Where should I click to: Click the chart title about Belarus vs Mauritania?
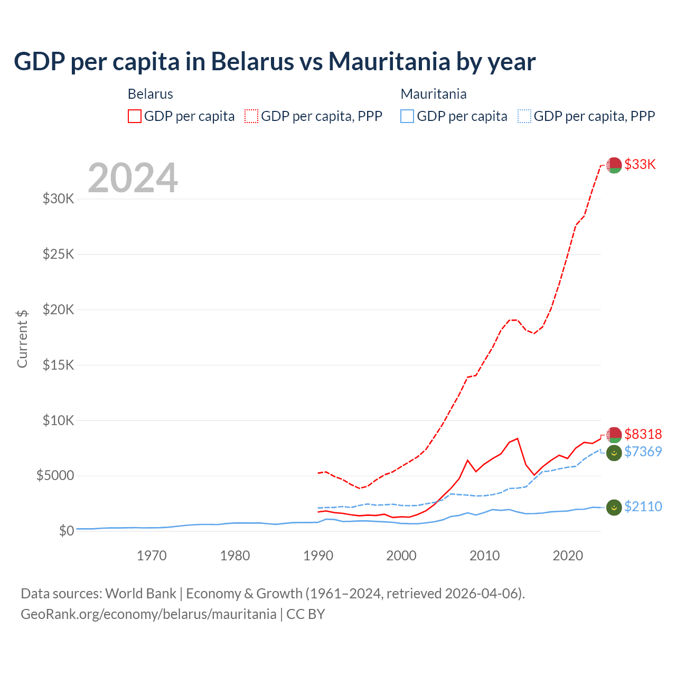tap(275, 62)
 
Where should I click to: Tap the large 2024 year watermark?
tap(133, 178)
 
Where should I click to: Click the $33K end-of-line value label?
tap(640, 164)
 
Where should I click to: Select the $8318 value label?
tap(643, 434)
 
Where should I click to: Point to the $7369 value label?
tap(643, 452)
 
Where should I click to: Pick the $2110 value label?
tap(643, 506)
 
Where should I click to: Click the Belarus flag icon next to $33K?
tap(614, 165)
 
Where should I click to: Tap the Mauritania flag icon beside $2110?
tap(614, 508)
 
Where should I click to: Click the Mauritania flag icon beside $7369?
tap(614, 453)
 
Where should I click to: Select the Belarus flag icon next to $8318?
tap(614, 435)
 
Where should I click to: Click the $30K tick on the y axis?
tap(59, 199)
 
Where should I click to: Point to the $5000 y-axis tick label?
tap(55, 476)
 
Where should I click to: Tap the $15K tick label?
tap(59, 365)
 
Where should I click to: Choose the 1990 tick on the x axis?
tap(318, 556)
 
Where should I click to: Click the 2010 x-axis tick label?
tap(485, 556)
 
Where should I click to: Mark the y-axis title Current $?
tap(22, 339)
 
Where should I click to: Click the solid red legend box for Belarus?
tap(135, 116)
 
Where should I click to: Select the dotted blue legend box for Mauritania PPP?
tap(524, 116)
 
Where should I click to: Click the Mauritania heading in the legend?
tap(434, 94)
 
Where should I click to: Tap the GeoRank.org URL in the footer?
tap(148, 614)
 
